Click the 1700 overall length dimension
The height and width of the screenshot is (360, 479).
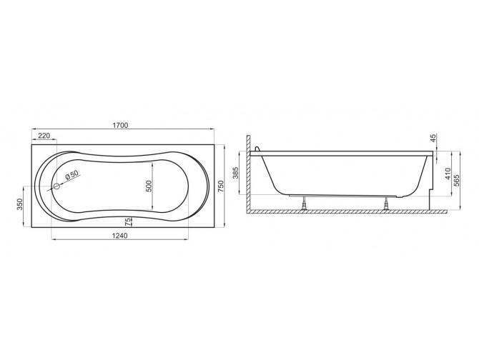tap(120, 125)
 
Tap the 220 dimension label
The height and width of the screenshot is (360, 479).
tap(44, 135)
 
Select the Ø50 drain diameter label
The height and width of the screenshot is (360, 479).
tap(72, 175)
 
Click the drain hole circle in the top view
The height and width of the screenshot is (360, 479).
tap(56, 186)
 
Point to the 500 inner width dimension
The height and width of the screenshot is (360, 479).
tap(149, 186)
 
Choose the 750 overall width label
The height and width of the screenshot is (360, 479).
tap(221, 186)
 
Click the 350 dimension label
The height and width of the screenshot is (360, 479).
tap(20, 204)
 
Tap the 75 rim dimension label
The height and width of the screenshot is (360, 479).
tap(129, 221)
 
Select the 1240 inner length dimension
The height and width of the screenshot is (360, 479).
tap(120, 235)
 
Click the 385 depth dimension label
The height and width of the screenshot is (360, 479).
tap(235, 173)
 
